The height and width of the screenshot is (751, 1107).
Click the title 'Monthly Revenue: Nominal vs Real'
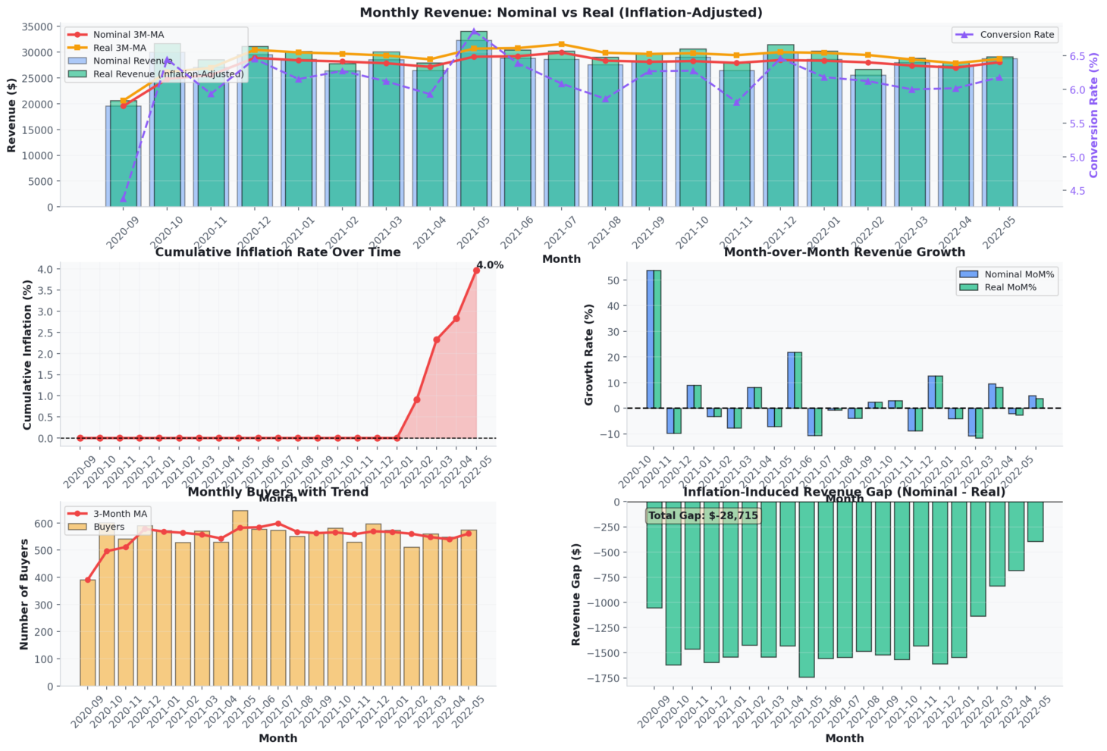point(561,12)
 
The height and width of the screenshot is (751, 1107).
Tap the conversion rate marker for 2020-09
point(123,199)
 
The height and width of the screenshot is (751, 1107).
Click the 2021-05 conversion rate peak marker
point(474,31)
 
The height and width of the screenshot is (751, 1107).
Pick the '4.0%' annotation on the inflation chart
point(490,265)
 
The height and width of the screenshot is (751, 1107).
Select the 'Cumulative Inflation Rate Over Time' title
point(278,252)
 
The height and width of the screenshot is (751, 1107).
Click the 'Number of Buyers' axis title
point(24,594)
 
